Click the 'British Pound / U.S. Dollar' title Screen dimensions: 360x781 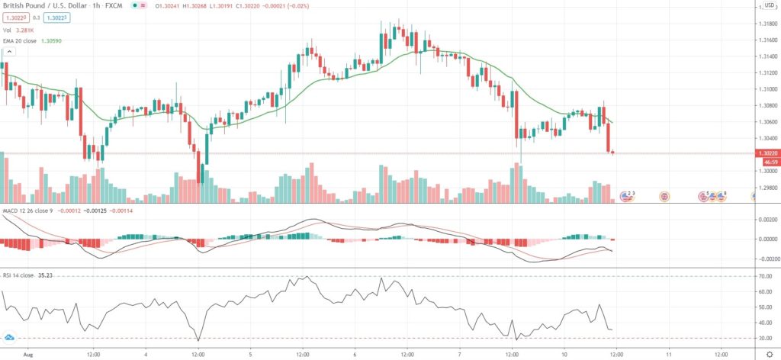tap(47, 5)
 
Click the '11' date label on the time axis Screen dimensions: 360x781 tap(668, 355)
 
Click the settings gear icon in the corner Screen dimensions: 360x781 tap(768, 355)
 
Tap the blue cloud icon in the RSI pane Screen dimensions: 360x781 tap(10, 336)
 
